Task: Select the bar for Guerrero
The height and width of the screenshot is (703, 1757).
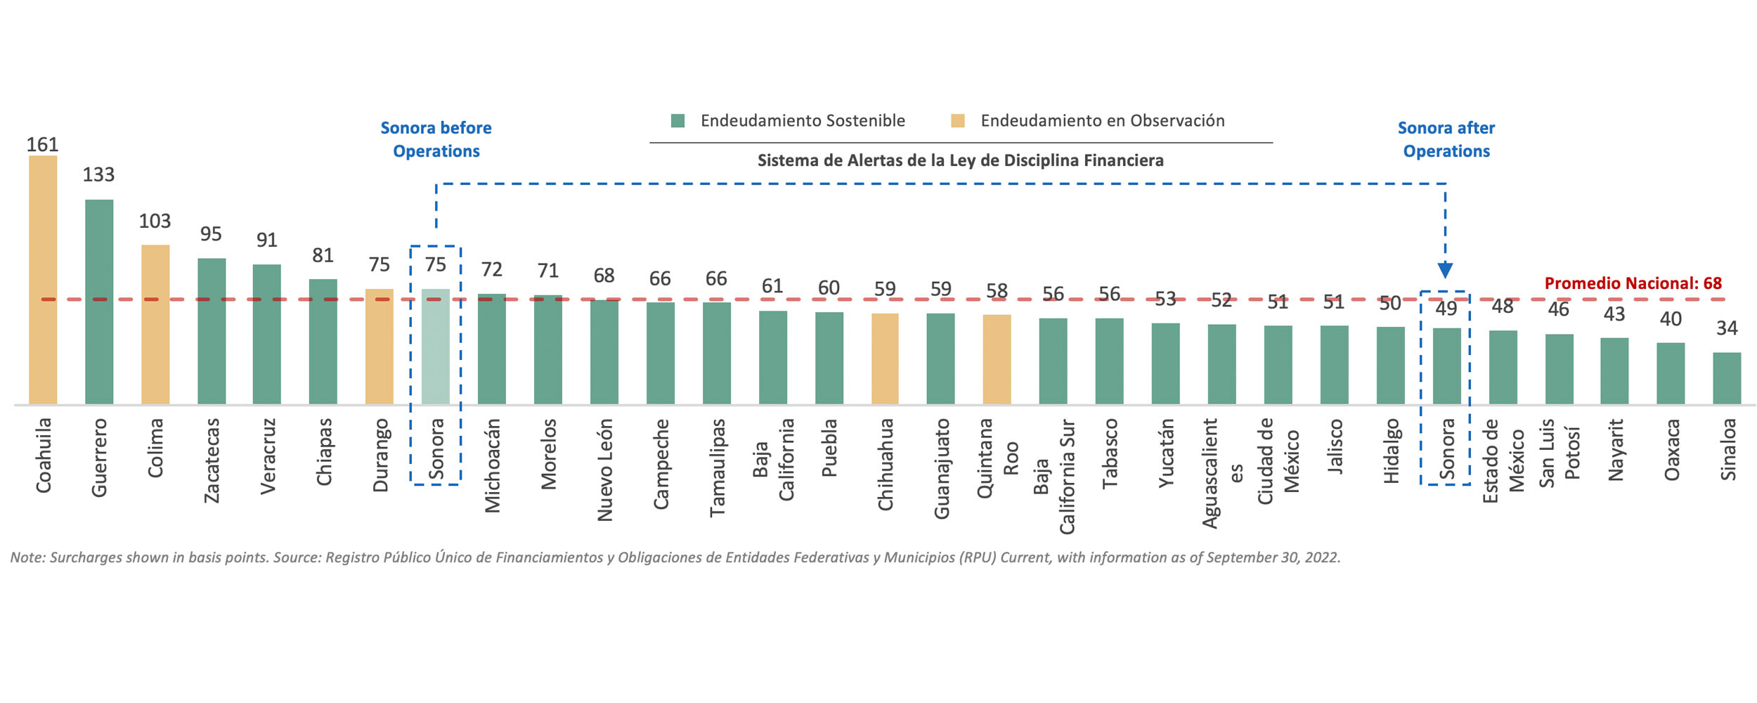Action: [x=99, y=302]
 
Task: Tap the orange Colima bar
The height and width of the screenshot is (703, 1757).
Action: [x=155, y=324]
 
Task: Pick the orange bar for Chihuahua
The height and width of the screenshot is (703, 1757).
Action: [x=885, y=359]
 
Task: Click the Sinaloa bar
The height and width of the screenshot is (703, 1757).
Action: [x=1727, y=378]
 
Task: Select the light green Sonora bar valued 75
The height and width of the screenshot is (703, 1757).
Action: [x=436, y=346]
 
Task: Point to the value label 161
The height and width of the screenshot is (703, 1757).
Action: [x=42, y=145]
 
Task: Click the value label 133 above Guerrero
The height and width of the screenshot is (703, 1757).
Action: [x=98, y=175]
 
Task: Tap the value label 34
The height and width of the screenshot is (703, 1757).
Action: [x=1727, y=328]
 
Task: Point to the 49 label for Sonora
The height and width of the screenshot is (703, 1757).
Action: [x=1446, y=309]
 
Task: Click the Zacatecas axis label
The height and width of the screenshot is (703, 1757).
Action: [x=212, y=460]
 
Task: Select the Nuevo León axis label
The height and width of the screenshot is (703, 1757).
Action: [x=604, y=470]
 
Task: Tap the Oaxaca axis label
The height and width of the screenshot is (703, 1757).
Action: [x=1671, y=450]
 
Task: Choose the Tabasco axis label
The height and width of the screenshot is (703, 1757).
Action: [x=1110, y=453]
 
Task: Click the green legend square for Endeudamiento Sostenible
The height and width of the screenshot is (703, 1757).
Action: [x=678, y=121]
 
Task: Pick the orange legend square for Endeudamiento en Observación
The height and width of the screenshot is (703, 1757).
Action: [x=957, y=121]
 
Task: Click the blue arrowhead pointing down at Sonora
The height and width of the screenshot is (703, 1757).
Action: [x=1445, y=270]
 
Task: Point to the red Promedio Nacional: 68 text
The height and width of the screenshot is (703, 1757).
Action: [x=1633, y=283]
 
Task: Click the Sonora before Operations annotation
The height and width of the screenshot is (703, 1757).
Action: [x=436, y=139]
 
